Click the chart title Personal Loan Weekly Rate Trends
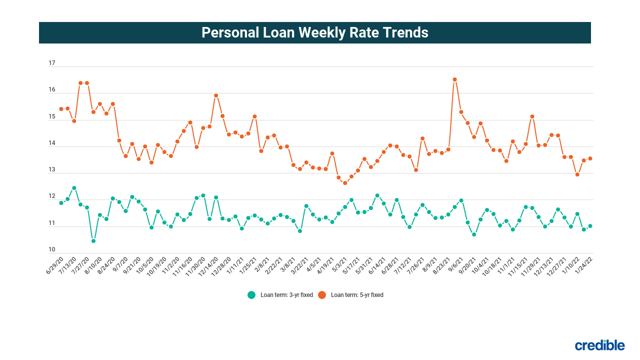pos(315,32)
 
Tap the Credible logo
pos(599,345)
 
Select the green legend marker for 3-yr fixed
pos(251,295)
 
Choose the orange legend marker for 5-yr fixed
pos(322,295)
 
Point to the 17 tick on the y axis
pos(52,63)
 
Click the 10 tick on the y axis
pos(52,250)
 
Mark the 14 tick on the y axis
pos(52,143)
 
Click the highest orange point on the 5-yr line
pos(454,79)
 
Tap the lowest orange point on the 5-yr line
pos(345,183)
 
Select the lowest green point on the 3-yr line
pos(93,241)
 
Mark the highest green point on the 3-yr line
pos(74,188)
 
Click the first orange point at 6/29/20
pos(61,109)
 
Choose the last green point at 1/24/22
pos(590,226)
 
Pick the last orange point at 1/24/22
pos(590,158)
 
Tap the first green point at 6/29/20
pos(61,203)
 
